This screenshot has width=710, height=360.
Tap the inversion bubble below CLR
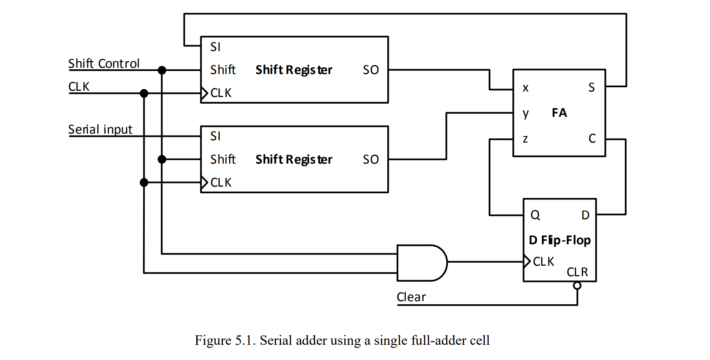pyautogui.click(x=577, y=286)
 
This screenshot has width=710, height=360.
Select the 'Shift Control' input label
pyautogui.click(x=104, y=64)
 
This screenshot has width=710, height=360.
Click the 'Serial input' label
pyautogui.click(x=100, y=129)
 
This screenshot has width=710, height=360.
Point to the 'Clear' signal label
pyautogui.click(x=411, y=297)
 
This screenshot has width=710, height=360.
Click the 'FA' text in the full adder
pyautogui.click(x=559, y=113)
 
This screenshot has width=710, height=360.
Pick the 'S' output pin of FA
pyautogui.click(x=591, y=87)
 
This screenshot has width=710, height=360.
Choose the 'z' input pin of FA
pyautogui.click(x=525, y=139)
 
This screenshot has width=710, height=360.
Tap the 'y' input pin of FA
pyautogui.click(x=526, y=113)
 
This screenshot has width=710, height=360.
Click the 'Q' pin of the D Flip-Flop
pyautogui.click(x=535, y=215)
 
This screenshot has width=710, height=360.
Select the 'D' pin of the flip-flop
pyautogui.click(x=585, y=215)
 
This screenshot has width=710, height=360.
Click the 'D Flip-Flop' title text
pyautogui.click(x=560, y=240)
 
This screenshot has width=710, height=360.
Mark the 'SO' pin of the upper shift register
pyautogui.click(x=371, y=70)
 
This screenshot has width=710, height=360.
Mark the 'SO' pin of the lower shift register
pyautogui.click(x=371, y=159)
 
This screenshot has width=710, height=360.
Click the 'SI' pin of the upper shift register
pyautogui.click(x=215, y=47)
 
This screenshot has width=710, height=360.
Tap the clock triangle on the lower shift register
pyautogui.click(x=204, y=182)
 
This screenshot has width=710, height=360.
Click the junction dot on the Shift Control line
pyautogui.click(x=162, y=70)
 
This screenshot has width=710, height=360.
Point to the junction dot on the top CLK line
pyautogui.click(x=144, y=93)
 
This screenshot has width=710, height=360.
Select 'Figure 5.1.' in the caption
pyautogui.click(x=225, y=341)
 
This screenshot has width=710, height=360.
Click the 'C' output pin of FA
pyautogui.click(x=592, y=138)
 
